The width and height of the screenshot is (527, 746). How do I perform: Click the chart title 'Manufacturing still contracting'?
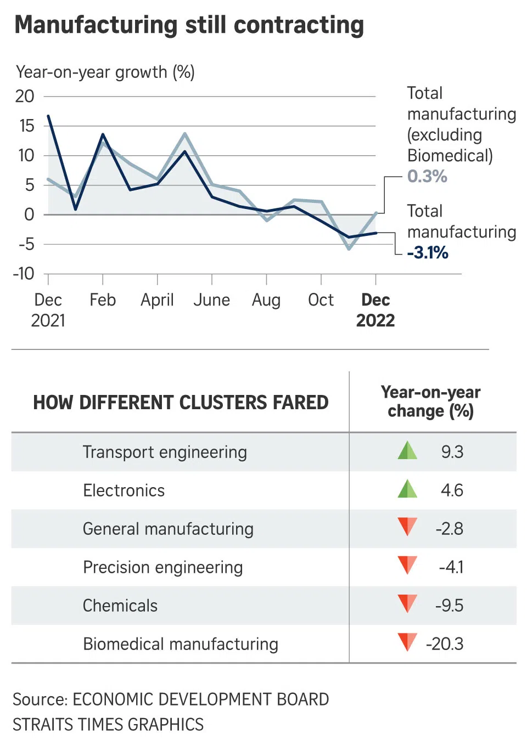189,25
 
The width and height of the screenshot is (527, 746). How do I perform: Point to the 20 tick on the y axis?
25,97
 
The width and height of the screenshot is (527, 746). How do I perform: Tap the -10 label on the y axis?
24,273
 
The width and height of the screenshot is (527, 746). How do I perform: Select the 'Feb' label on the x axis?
103,300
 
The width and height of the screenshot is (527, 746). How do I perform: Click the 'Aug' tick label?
266,300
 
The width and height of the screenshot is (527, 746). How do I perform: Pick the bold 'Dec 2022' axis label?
375,310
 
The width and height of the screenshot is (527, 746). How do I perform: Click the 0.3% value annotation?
427,176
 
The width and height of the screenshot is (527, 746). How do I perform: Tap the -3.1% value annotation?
428,253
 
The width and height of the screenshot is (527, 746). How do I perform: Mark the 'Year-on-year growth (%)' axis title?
105,72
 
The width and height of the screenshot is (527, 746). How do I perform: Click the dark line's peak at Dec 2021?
48,116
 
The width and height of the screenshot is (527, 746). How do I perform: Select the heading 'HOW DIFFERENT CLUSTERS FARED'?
181,403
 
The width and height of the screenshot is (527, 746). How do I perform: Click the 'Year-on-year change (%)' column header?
431,402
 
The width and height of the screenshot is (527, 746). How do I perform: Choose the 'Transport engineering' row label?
165,452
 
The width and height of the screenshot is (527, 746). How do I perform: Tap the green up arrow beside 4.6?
407,489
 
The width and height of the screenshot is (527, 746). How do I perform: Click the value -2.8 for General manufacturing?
450,529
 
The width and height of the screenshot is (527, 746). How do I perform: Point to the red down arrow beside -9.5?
407,603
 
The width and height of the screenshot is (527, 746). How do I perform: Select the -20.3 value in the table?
445,644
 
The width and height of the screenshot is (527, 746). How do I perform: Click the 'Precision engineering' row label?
162,567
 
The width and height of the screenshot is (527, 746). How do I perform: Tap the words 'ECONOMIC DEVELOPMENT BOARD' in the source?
201,699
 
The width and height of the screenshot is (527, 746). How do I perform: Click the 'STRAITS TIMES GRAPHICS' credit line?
108,725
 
